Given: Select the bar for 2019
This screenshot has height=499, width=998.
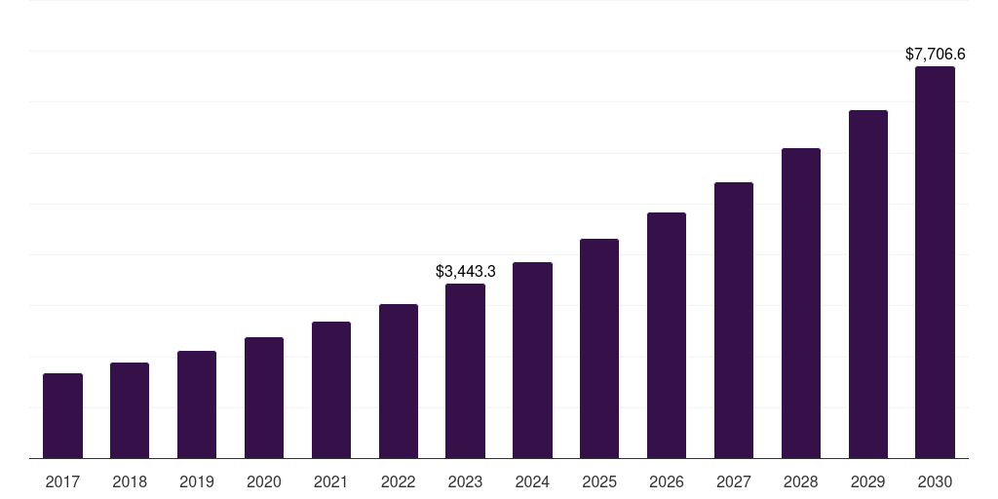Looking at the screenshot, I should (x=197, y=404).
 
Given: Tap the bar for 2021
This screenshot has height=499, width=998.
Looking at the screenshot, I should (x=331, y=390).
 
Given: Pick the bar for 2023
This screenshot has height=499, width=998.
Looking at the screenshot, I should (x=465, y=370).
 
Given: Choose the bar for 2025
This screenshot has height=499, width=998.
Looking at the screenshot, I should (x=599, y=348).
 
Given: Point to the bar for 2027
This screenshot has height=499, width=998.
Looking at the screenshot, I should (x=734, y=320).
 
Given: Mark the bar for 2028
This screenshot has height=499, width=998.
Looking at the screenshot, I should (x=801, y=303).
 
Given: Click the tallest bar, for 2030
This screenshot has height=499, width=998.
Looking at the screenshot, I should (x=935, y=262).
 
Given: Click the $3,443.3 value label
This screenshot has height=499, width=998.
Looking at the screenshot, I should (x=465, y=271).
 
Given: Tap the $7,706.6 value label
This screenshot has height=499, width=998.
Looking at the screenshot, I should (x=935, y=55).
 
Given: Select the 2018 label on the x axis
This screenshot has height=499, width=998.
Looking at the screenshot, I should (x=130, y=481).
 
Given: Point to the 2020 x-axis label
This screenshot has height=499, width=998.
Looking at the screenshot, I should (x=264, y=481).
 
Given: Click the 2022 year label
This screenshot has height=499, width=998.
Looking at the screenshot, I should (x=399, y=481).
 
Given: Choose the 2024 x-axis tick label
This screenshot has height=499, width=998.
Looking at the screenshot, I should (x=532, y=481).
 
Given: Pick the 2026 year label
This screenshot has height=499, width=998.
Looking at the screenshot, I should (x=667, y=481).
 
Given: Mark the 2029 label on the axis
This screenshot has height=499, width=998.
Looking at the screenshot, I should (x=867, y=481).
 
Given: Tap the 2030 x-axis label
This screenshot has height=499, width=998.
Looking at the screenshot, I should (x=935, y=481).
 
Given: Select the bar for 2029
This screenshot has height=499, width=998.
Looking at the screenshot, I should (x=867, y=284).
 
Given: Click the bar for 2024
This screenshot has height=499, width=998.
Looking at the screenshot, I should (x=532, y=360).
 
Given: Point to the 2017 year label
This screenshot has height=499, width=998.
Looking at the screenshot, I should (x=62, y=481).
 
